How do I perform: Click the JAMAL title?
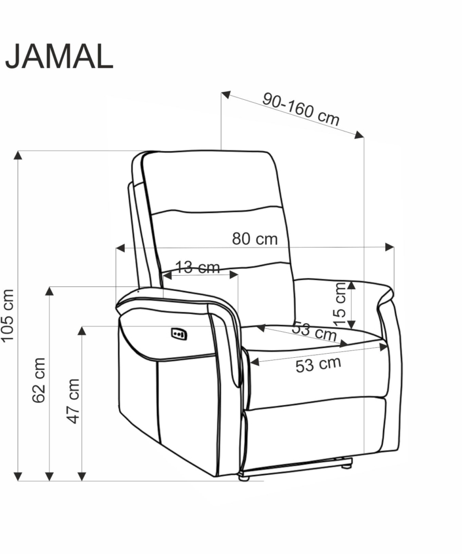point(59,57)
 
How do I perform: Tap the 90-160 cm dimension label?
point(301,109)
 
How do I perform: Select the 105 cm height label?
point(8,316)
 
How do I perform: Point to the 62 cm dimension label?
point(39,380)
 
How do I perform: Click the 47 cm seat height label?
point(73,400)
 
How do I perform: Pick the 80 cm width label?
point(255,239)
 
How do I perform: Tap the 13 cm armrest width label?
point(198,267)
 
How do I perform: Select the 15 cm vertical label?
point(340,304)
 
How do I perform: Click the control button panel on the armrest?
point(179,334)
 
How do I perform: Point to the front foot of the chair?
point(244,478)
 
